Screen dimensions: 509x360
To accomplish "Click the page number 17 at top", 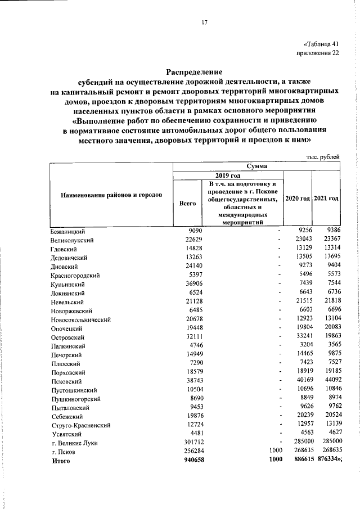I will pos(205,22).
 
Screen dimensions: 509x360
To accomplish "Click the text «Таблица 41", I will pos(321,43).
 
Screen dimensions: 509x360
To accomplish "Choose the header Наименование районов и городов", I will pos(109,195).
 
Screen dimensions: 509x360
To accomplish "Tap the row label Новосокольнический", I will pos(80,320).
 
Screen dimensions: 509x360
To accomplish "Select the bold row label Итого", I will pos(60,461).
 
